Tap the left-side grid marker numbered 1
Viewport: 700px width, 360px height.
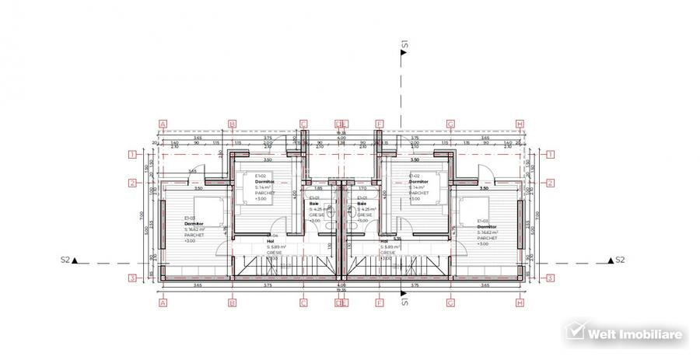(x=133, y=154)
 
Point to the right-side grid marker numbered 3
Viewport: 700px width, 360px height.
(x=549, y=277)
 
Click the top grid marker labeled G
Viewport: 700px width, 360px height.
(x=450, y=123)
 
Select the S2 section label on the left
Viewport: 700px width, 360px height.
(x=66, y=260)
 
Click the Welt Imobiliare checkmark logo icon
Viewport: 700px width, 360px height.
(x=575, y=332)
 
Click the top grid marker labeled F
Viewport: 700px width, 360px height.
(x=380, y=123)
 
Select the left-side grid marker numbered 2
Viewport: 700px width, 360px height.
(x=133, y=183)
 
